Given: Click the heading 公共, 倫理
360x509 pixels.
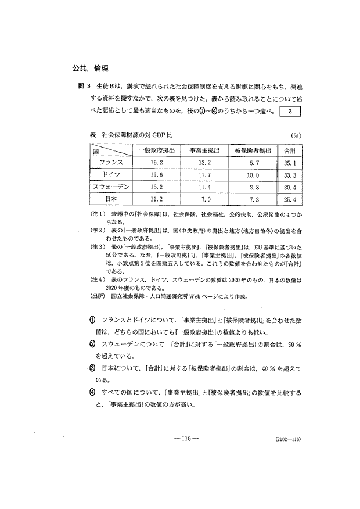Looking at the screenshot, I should pyautogui.click(x=86, y=67).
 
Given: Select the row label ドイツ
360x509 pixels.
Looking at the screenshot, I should pyautogui.click(x=110, y=175).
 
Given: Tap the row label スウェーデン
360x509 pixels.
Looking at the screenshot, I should pyautogui.click(x=110, y=187).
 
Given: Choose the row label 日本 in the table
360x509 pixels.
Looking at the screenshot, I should pyautogui.click(x=110, y=199).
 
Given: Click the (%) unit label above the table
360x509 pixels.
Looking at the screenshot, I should pyautogui.click(x=295, y=136).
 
